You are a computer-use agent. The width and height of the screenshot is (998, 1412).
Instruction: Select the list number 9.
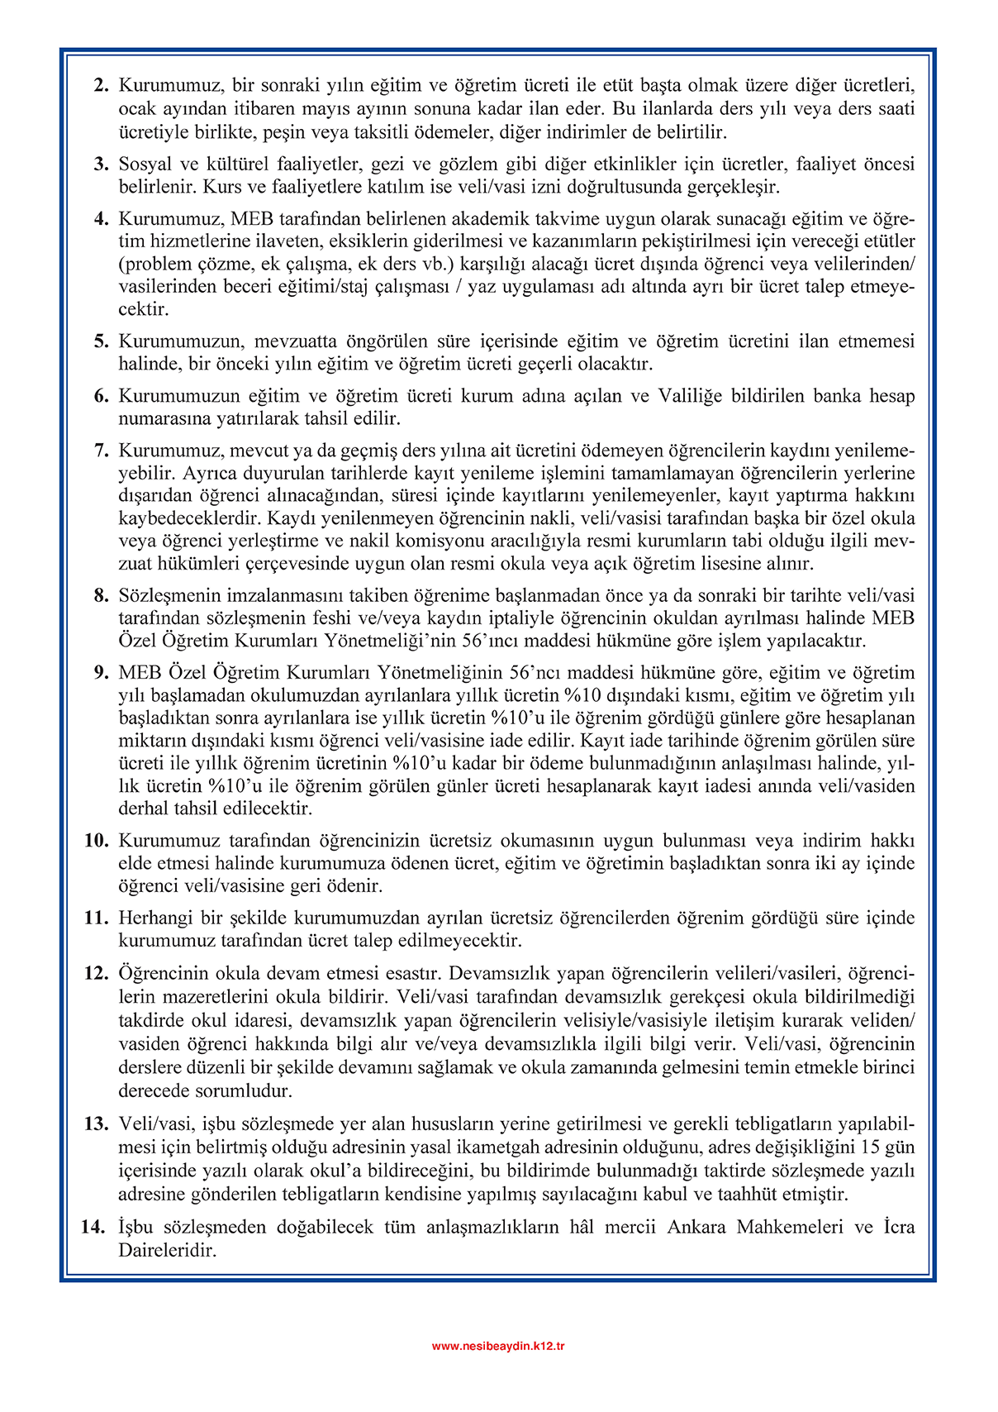coord(101,673)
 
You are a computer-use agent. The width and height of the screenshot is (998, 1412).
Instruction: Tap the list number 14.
coord(93,1228)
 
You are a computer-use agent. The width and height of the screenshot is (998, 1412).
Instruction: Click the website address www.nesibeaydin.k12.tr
coord(498,1346)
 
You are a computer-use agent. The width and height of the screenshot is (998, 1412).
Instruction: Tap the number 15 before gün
coord(871,1147)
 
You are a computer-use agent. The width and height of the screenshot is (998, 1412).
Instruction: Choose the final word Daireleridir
coord(167,1251)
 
